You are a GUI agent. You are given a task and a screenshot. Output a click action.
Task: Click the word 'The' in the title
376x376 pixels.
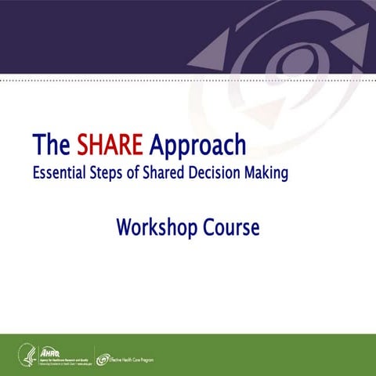[x=52, y=146]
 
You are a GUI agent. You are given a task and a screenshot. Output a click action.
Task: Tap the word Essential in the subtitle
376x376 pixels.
[x=63, y=172]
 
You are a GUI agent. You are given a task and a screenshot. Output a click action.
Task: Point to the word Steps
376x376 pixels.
[x=118, y=173]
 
